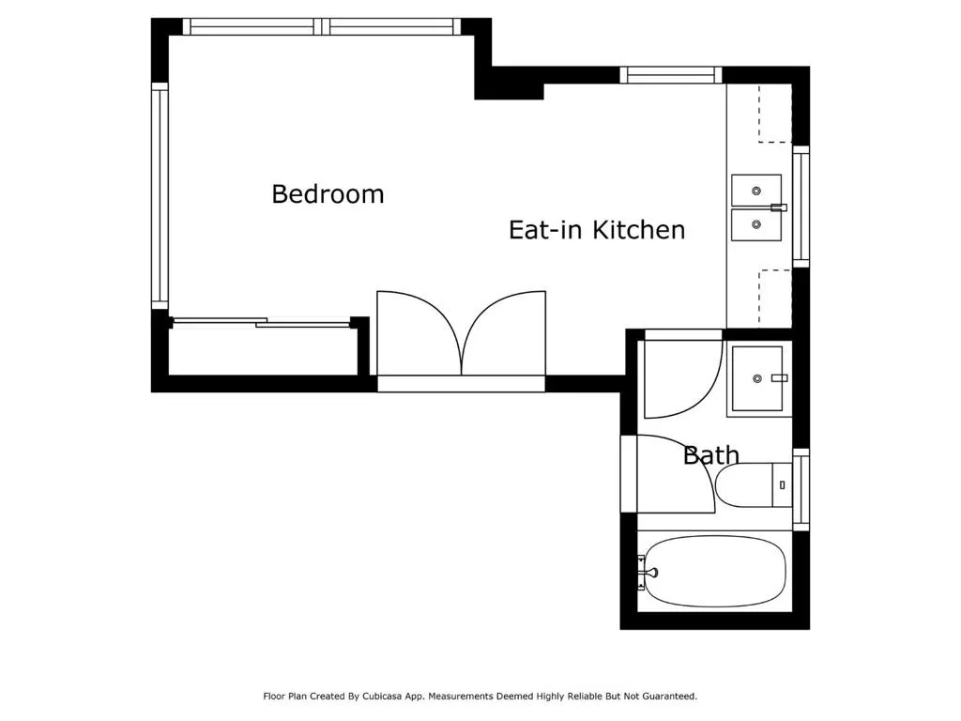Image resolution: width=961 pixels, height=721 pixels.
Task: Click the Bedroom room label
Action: tap(328, 194)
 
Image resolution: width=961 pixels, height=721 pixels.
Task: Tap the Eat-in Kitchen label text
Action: tap(596, 230)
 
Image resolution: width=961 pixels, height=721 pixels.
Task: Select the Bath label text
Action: tap(710, 455)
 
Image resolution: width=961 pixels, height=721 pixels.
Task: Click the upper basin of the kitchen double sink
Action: tap(755, 190)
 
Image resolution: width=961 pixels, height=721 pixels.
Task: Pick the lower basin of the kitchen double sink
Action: tap(755, 224)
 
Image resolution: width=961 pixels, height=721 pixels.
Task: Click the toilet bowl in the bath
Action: tap(741, 484)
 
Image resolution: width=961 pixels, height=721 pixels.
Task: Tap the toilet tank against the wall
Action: tap(782, 484)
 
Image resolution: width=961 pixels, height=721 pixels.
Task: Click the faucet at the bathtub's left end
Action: tap(648, 571)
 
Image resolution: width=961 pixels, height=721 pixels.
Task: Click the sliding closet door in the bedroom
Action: tap(261, 323)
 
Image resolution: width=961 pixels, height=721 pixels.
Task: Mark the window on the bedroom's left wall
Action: tap(160, 195)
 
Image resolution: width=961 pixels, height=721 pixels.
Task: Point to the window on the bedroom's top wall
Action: tap(323, 26)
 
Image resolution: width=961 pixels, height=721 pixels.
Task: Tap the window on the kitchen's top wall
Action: tap(670, 75)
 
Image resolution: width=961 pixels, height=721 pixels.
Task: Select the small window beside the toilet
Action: tap(801, 489)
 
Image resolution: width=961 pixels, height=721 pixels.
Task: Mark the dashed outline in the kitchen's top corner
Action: tap(775, 114)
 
